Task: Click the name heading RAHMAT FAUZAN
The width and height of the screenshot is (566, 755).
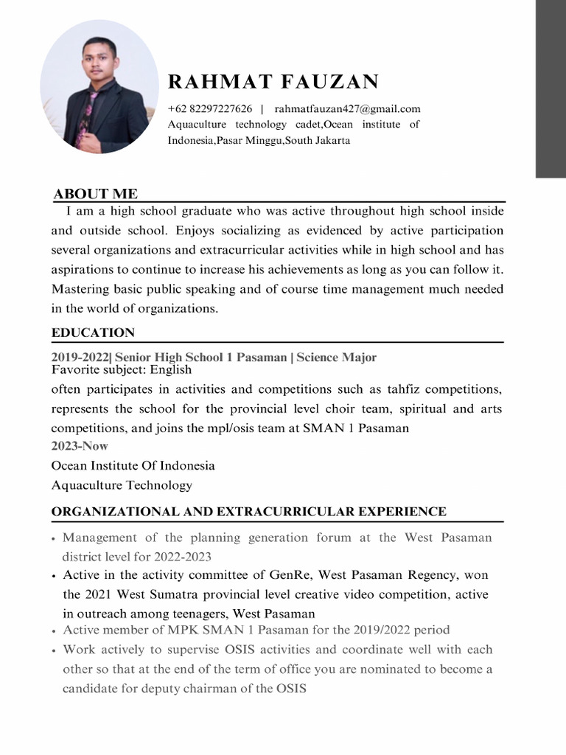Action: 273,82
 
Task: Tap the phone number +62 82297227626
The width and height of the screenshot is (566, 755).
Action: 210,109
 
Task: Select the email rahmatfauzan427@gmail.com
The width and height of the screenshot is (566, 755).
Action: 347,109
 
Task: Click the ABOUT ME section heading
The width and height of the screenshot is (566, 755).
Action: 95,194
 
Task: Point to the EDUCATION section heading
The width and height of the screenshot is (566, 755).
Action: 93,333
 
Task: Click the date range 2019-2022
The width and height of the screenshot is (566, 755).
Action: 80,358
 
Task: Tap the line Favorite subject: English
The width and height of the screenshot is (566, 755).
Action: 122,369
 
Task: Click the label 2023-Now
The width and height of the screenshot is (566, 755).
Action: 80,446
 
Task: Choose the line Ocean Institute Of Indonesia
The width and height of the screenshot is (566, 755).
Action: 133,466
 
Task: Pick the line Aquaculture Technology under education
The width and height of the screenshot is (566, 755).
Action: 122,485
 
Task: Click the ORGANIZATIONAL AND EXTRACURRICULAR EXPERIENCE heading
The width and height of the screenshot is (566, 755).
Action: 248,512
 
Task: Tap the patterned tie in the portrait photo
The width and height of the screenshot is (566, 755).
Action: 86,111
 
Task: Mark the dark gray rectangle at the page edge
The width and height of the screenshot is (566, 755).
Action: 550,88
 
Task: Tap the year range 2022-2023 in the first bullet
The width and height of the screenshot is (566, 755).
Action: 187,557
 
